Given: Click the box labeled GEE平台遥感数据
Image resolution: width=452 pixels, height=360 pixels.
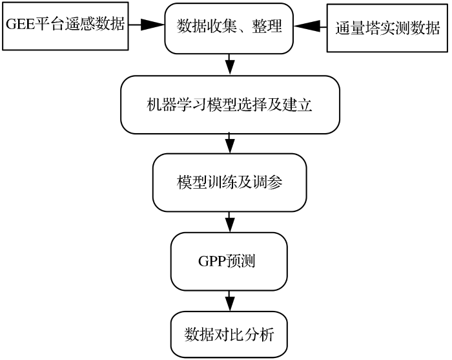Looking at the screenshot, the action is [x=65, y=26].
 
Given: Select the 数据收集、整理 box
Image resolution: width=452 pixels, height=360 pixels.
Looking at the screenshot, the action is [x=229, y=28].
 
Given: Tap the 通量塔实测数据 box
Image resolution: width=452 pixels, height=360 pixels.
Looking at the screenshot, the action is [x=387, y=28].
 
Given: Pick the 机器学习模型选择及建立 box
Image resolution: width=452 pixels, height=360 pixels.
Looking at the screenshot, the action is [x=230, y=105].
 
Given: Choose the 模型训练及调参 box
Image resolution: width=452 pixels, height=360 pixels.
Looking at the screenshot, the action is [x=229, y=183].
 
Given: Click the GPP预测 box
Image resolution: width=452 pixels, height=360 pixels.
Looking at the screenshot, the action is [x=229, y=262].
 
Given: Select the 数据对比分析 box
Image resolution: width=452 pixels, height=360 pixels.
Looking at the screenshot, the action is [x=229, y=335].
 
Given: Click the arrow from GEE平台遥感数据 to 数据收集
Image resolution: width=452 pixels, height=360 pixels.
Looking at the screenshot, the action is [x=147, y=25].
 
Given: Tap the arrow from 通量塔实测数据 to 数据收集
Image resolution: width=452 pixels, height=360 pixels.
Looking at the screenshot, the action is [x=310, y=26].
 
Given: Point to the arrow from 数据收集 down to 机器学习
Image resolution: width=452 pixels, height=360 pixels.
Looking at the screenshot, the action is [x=229, y=65].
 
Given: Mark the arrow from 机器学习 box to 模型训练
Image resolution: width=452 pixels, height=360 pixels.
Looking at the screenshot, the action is [x=229, y=143].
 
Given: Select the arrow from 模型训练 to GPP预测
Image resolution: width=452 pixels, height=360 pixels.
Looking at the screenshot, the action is [x=229, y=222].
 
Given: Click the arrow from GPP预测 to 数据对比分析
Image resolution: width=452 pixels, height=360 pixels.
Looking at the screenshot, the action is [x=229, y=301].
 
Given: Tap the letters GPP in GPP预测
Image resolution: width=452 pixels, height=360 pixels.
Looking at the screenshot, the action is [x=212, y=261].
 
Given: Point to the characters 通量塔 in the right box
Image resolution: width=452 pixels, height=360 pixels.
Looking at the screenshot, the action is [x=358, y=28].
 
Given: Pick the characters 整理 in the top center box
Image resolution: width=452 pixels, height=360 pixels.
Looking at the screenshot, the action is [x=267, y=26].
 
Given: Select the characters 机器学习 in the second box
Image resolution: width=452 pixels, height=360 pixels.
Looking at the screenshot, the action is [x=176, y=105].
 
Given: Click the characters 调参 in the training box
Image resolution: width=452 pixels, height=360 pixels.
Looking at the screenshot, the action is [x=268, y=182].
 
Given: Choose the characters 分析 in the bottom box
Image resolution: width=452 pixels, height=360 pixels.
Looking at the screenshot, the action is [x=259, y=335].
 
